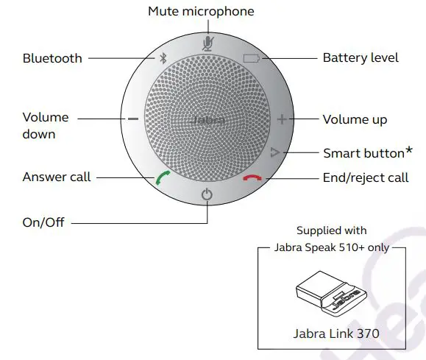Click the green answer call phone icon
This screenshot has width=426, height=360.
pyautogui.click(x=161, y=178)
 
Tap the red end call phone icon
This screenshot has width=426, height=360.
pyautogui.click(x=252, y=178)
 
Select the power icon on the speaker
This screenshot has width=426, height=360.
pyautogui.click(x=207, y=196)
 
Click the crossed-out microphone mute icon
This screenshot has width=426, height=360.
pyautogui.click(x=207, y=42)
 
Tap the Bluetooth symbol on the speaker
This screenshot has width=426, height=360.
pyautogui.click(x=163, y=59)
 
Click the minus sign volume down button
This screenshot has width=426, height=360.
pyautogui.click(x=132, y=119)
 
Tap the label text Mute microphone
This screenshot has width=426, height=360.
pyautogui.click(x=201, y=11)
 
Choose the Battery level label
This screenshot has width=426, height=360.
pyautogui.click(x=361, y=57)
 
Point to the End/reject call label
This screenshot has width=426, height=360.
pyautogui.click(x=366, y=177)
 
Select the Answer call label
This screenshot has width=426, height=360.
pyautogui.click(x=57, y=177)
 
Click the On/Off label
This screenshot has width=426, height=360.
pyautogui.click(x=44, y=222)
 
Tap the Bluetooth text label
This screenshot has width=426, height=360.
pyautogui.click(x=52, y=57)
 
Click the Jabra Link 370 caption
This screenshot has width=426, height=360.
pyautogui.click(x=335, y=333)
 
